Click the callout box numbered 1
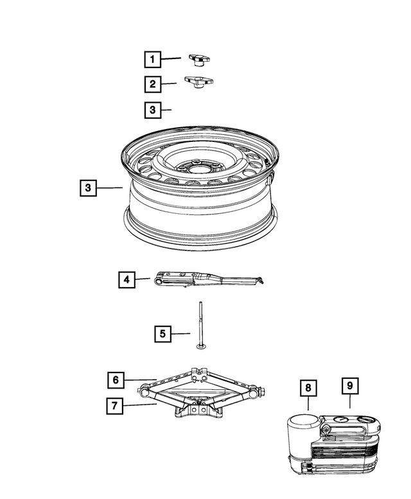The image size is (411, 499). pyautogui.click(x=152, y=60)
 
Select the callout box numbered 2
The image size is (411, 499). pyautogui.click(x=152, y=84)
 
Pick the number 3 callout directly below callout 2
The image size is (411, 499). pyautogui.click(x=152, y=110)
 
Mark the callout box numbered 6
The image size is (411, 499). pyautogui.click(x=116, y=380)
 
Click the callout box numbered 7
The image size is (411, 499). pyautogui.click(x=116, y=405)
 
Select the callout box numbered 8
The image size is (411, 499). pyautogui.click(x=308, y=387)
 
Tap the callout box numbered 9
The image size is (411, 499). pyautogui.click(x=350, y=386)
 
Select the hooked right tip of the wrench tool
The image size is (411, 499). pyautogui.click(x=259, y=280)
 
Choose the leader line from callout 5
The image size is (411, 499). pyautogui.click(x=181, y=333)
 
